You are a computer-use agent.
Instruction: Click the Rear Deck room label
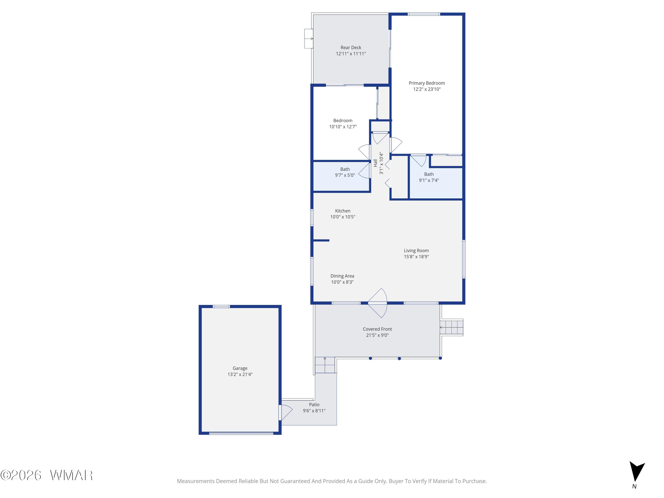351,47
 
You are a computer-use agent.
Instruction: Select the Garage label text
240,368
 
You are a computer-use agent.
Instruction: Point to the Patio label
314,404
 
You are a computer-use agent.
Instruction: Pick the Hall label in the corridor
375,163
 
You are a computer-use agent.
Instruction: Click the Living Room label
416,250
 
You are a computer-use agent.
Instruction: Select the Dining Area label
342,276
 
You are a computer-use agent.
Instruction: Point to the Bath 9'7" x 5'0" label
345,172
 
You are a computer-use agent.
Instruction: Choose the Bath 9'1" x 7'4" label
429,177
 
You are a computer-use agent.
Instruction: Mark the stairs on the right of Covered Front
452,327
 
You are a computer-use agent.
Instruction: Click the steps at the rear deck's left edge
309,39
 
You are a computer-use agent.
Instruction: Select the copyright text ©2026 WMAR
46,475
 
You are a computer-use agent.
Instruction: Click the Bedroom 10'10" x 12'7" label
343,123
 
